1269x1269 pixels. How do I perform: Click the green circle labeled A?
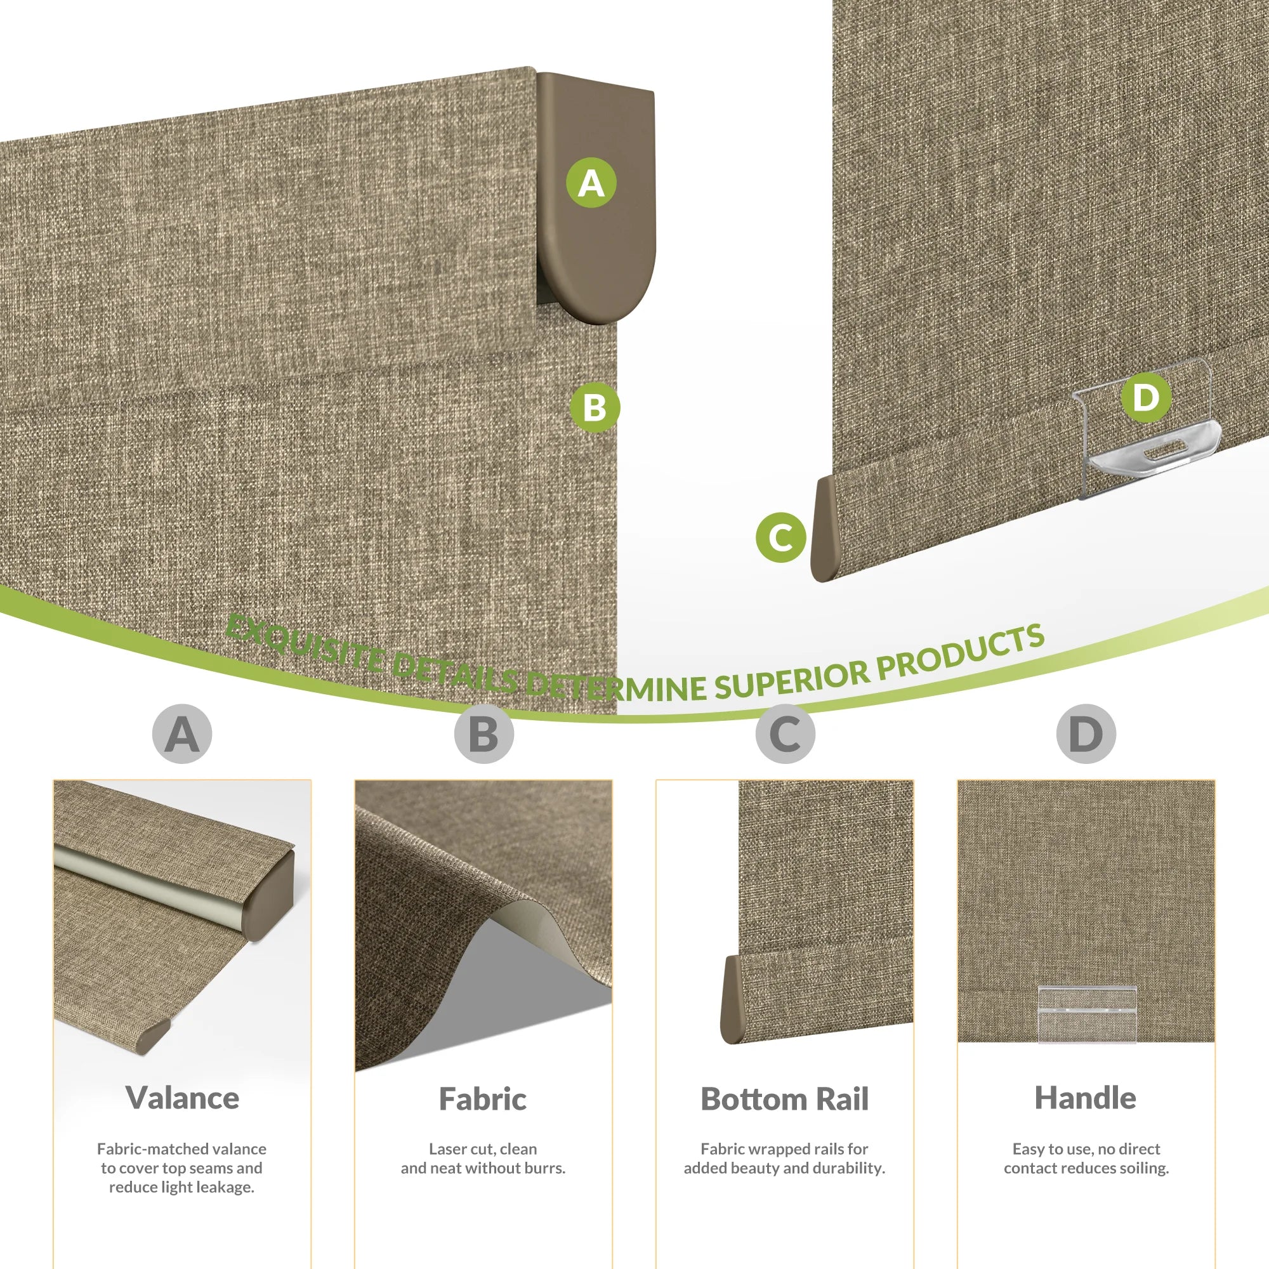(x=591, y=183)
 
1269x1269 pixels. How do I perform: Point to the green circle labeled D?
(x=1146, y=397)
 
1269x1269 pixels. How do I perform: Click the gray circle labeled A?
(x=182, y=733)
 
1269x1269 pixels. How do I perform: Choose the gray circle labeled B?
(x=483, y=733)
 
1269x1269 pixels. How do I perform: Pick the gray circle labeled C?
(x=785, y=733)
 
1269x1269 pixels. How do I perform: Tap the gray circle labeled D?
(x=1086, y=733)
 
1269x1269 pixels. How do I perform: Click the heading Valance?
(x=183, y=1098)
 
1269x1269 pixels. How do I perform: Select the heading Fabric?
(x=483, y=1098)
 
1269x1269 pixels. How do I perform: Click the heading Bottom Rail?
(x=785, y=1098)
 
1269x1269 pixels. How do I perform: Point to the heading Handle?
(x=1086, y=1098)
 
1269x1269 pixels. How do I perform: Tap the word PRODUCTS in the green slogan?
(x=960, y=650)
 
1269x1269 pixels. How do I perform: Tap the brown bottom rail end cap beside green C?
(x=825, y=529)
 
